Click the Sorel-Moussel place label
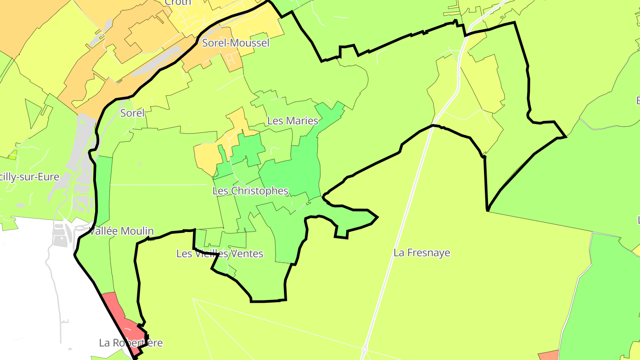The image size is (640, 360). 236,43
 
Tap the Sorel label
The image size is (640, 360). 132,113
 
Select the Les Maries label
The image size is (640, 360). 293,121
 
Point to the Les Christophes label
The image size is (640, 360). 250,191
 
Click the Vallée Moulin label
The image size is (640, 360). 121,231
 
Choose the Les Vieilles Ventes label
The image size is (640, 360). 220,254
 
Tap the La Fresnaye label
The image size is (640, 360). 422,253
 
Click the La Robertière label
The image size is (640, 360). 131,343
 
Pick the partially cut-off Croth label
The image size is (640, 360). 178,3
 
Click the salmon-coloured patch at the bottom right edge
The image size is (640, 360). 548,356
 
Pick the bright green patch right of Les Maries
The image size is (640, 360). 331,113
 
